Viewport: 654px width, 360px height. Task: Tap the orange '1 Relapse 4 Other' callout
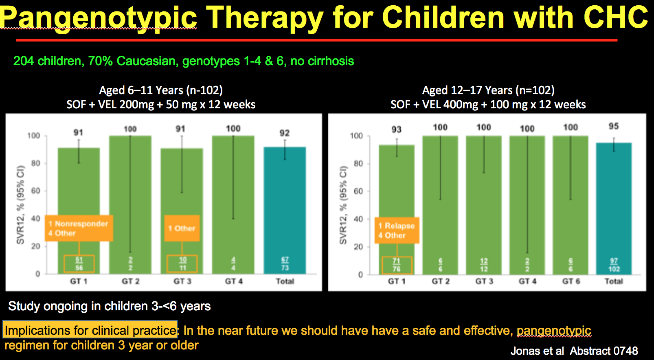point(397,230)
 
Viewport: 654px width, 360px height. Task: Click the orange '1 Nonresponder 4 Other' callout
point(79,228)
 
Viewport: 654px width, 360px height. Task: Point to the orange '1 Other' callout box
point(182,228)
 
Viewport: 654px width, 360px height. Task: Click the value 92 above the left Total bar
point(285,133)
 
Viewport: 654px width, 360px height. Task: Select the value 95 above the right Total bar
point(614,126)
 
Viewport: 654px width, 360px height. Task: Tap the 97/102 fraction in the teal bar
point(614,265)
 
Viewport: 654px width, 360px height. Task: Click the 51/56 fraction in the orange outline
point(79,264)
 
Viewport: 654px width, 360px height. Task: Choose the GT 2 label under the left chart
point(131,281)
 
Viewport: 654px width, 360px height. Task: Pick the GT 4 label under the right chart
point(527,281)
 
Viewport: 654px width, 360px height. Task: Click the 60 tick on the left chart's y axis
point(36,191)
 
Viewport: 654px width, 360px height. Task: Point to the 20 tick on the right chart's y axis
point(358,247)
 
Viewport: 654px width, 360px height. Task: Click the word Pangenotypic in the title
point(99,18)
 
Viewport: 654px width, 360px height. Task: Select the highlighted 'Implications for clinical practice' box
point(90,330)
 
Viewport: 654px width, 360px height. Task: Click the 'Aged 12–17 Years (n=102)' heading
point(488,90)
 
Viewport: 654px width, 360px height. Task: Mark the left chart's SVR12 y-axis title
point(20,204)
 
